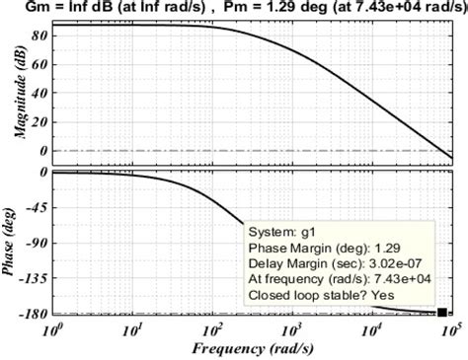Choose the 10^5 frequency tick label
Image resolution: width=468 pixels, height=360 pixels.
[x=450, y=328]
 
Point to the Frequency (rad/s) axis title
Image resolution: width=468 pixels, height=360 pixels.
[x=255, y=348]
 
